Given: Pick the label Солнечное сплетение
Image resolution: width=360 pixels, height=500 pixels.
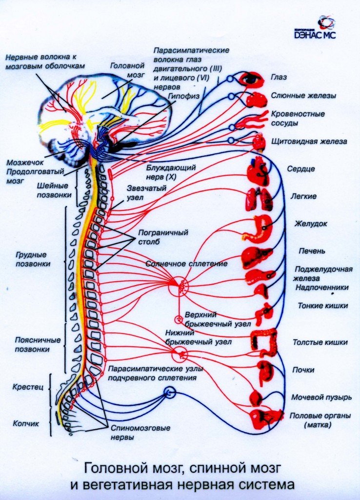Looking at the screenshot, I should tap(186, 264).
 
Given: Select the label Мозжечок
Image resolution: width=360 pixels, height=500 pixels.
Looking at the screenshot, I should tap(22, 163).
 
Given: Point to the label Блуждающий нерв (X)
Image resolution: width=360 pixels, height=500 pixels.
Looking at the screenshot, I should tap(171, 171).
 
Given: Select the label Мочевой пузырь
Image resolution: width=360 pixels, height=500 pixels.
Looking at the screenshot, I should tap(321, 397).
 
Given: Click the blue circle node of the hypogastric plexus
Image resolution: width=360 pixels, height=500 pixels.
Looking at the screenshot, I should tap(169, 392).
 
